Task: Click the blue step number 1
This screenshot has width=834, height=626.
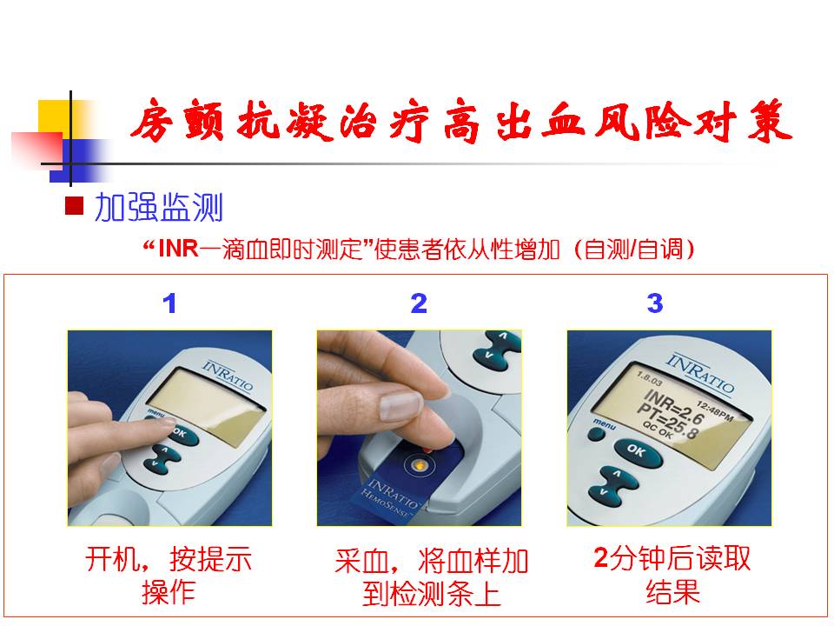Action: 169,303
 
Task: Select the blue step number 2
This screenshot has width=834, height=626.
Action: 419,303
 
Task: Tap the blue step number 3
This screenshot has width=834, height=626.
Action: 655,303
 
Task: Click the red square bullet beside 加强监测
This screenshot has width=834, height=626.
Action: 75,205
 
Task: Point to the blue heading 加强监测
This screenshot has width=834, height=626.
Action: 158,207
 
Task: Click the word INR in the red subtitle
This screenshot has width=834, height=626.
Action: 178,249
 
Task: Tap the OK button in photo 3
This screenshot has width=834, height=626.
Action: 637,451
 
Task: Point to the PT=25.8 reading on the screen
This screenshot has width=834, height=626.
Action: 667,422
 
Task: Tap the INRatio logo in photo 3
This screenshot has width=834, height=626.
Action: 700,373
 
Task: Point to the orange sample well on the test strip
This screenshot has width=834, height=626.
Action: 419,466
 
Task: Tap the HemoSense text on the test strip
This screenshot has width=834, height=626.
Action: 386,503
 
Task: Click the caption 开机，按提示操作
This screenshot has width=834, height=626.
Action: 169,576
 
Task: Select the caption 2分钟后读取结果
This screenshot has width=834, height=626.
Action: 672,575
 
